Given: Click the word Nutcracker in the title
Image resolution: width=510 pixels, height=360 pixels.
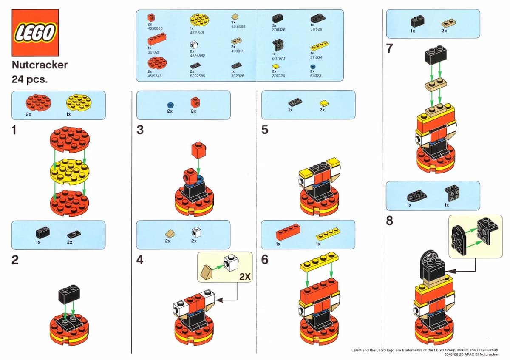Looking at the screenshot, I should pyautogui.click(x=40, y=65).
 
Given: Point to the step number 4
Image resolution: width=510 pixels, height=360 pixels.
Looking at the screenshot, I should pyautogui.click(x=140, y=259).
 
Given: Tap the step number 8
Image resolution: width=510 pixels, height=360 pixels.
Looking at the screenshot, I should pyautogui.click(x=390, y=221).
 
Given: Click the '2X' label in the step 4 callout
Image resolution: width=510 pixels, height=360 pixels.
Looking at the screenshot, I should pyautogui.click(x=245, y=277).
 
